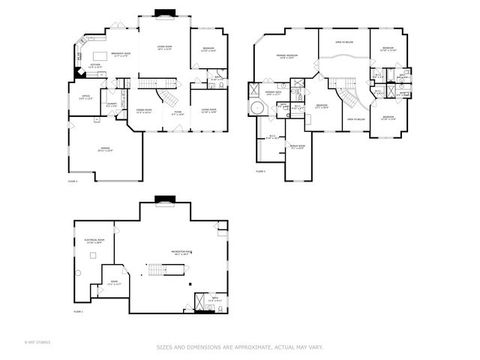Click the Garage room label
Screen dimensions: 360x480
pyautogui.click(x=103, y=148)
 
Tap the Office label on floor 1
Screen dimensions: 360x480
pyautogui.click(x=86, y=98)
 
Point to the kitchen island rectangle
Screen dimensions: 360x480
pyautogui.click(x=101, y=52)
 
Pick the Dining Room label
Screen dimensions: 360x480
pyautogui.click(x=144, y=112)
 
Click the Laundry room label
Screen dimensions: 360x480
pyautogui.click(x=112, y=102)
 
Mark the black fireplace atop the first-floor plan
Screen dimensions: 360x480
pyautogui.click(x=164, y=14)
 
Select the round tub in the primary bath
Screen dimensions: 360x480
pyautogui.click(x=256, y=107)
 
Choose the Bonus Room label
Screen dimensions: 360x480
pyautogui.click(x=297, y=146)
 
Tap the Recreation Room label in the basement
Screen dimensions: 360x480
pyautogui.click(x=181, y=254)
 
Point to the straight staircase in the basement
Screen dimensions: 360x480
pyautogui.click(x=156, y=273)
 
